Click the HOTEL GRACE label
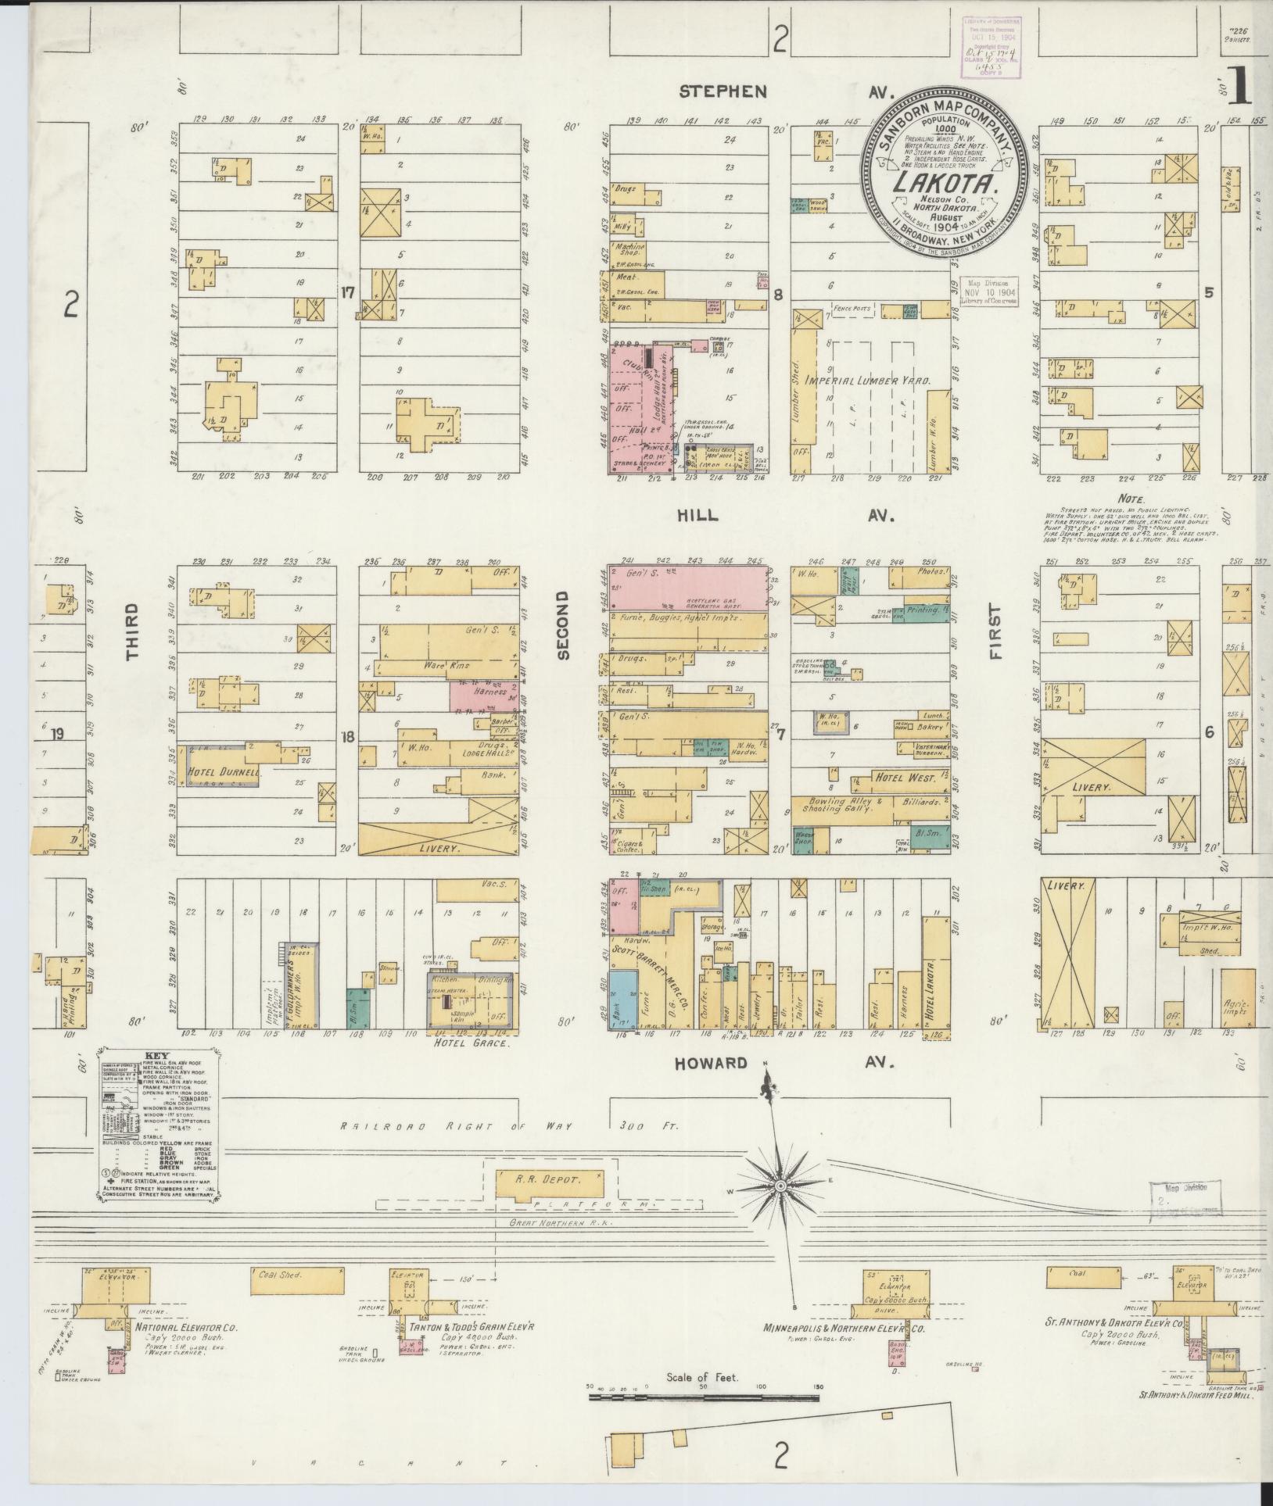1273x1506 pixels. click(x=472, y=1043)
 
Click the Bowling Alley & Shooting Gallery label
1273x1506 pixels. click(x=845, y=807)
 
